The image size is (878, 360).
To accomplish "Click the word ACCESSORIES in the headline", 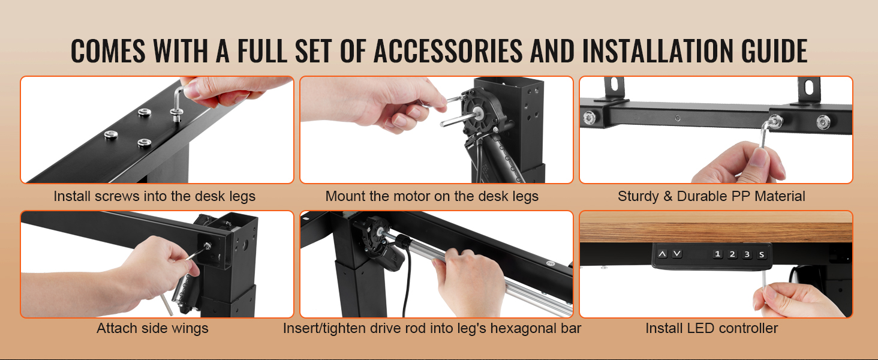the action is [x=448, y=51].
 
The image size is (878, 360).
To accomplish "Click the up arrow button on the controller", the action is [x=662, y=254].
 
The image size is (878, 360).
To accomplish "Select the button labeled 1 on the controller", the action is [x=717, y=254].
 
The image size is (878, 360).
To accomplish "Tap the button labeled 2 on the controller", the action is [x=732, y=254].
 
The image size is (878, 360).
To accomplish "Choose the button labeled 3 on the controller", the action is [x=747, y=254].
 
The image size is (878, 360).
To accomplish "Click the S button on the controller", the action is [x=761, y=254].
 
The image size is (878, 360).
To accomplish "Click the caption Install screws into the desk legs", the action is [x=155, y=196].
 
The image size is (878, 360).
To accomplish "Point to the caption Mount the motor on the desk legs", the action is [x=432, y=196].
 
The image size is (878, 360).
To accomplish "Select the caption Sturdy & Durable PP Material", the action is [x=711, y=196].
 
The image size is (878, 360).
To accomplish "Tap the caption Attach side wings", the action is [x=152, y=328].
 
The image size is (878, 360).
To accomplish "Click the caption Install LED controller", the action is [x=711, y=328].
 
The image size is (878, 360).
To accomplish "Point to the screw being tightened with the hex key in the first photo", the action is [x=177, y=114].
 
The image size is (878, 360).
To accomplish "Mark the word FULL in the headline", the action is [x=262, y=51].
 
